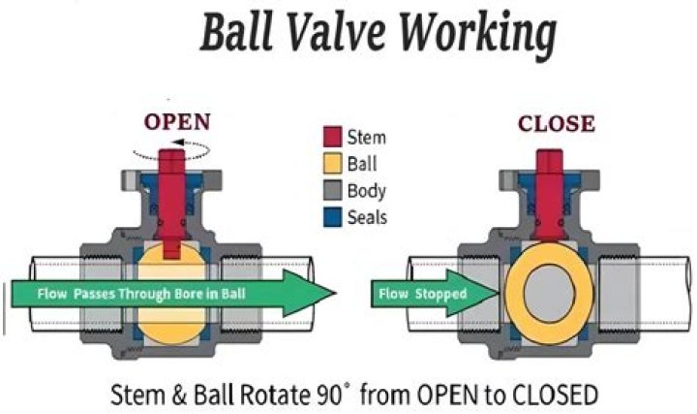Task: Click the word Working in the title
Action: pos(478,34)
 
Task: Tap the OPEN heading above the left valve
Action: pos(177,122)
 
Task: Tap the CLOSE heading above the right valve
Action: pos(556,123)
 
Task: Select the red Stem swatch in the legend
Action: pos(332,137)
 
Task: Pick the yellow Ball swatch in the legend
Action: pos(332,164)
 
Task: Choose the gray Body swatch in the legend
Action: pos(332,190)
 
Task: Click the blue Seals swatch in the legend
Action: pos(332,217)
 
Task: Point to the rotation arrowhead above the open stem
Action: pos(178,143)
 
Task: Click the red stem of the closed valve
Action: pos(550,195)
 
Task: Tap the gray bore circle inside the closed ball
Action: pos(550,293)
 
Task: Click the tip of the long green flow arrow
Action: pos(336,293)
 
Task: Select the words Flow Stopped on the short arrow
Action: pos(423,294)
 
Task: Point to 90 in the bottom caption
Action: pos(329,395)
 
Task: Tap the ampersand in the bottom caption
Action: pos(179,395)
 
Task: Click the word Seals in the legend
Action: pos(367,217)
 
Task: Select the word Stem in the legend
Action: pos(366,137)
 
